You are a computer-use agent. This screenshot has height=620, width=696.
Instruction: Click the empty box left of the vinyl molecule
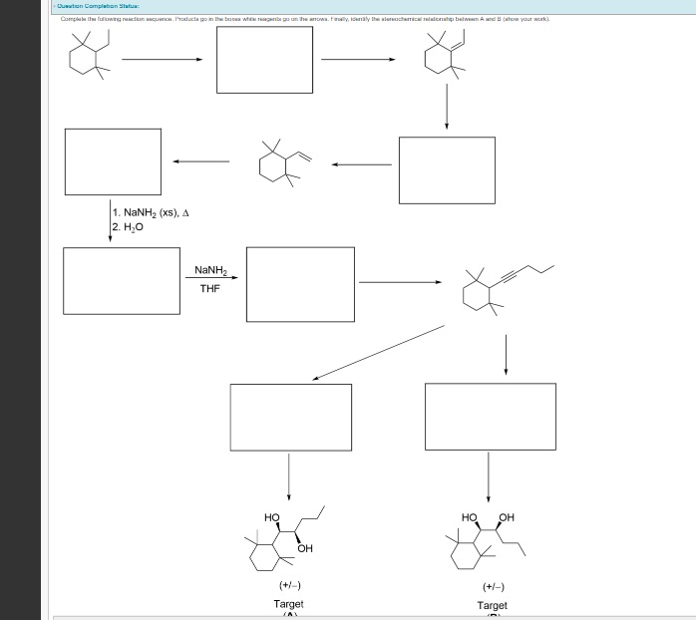113,157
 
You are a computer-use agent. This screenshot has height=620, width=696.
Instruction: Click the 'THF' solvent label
209,289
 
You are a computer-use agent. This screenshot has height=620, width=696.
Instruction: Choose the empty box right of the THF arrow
300,284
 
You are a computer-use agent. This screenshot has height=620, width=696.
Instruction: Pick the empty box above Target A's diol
290,417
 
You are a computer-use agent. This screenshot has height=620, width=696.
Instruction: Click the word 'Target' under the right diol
492,605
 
